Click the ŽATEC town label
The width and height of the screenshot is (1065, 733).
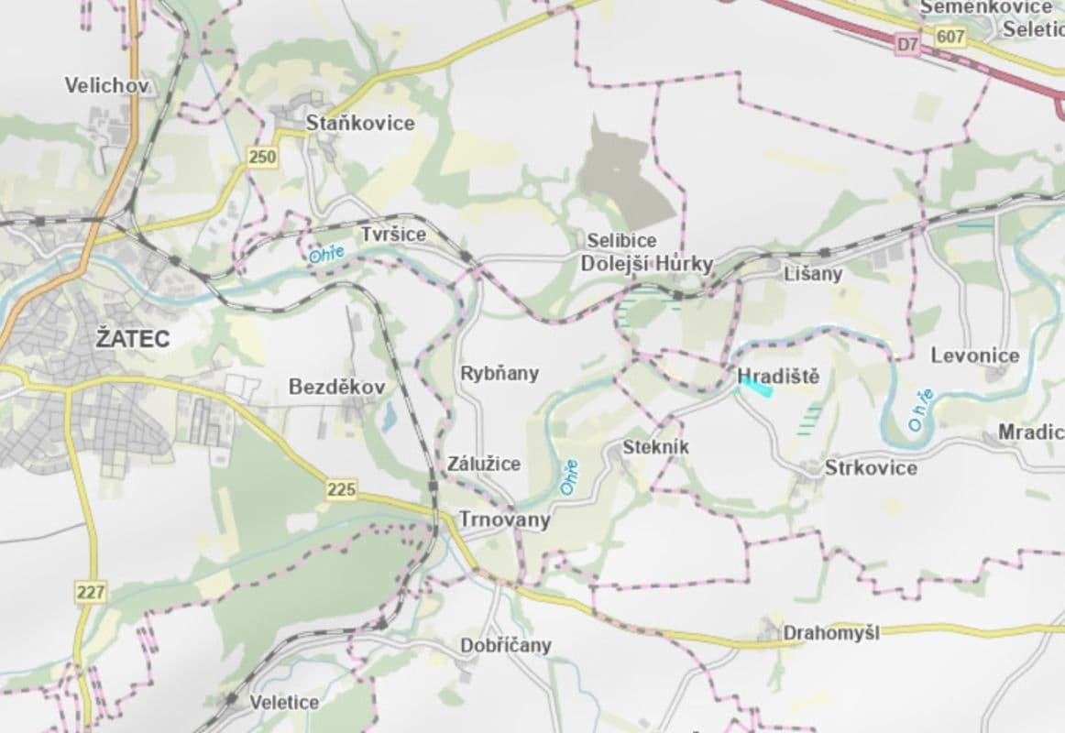pos(133,339)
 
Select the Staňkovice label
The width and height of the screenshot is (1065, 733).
pos(360,123)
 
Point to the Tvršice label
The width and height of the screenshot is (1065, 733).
pos(393,235)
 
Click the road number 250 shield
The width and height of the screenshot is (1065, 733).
pos(262,158)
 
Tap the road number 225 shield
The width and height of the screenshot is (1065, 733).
pos(341,490)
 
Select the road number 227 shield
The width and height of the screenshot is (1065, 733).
pos(91,593)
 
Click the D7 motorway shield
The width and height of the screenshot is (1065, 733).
pos(907,43)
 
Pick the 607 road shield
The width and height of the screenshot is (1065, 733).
pos(951,38)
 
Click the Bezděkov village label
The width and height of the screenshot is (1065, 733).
pos(336,388)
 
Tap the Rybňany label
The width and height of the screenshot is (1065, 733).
pos(500,374)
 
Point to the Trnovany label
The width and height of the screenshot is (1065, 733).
pos(505,520)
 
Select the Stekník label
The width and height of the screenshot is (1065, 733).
pos(655,448)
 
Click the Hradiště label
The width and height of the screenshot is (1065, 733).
pos(778,377)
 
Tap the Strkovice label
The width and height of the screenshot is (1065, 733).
pos(871,468)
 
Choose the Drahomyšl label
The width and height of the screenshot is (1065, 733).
pos(830,633)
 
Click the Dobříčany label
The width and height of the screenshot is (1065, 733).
pos(506,646)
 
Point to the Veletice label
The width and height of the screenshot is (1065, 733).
pos(285,703)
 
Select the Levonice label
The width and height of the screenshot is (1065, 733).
pos(975,356)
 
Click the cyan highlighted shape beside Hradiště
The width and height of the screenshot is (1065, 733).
pos(757,389)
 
